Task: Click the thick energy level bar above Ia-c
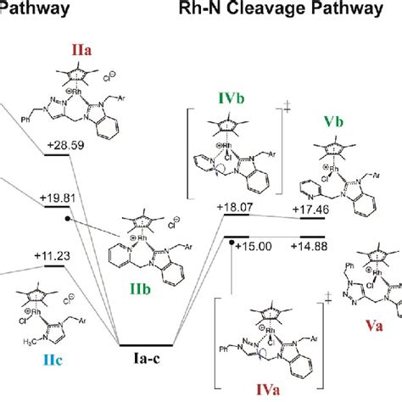click(x=148, y=345)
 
